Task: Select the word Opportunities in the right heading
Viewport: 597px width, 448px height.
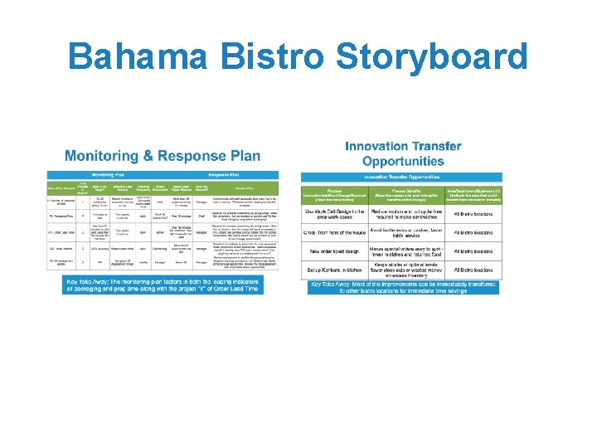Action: tap(404, 161)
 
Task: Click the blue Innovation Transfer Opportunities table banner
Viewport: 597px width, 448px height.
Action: tap(401, 177)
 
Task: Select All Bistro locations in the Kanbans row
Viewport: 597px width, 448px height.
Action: tap(473, 270)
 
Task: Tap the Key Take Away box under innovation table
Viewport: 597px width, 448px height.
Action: tap(403, 287)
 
